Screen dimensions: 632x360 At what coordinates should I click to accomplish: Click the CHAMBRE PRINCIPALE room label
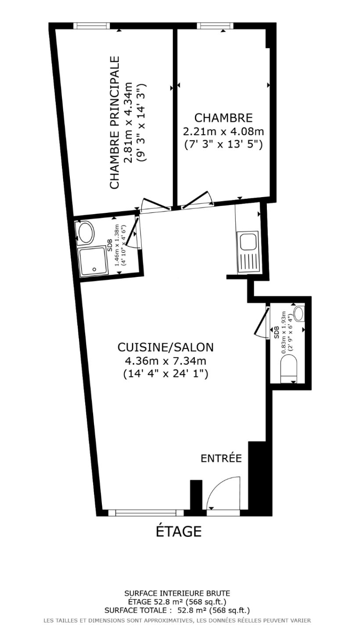point(115,122)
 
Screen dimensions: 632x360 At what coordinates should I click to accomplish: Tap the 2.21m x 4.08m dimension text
point(223,131)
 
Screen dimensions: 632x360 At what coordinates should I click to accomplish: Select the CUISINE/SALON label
point(166,347)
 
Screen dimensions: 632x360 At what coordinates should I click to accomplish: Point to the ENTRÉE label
point(221,458)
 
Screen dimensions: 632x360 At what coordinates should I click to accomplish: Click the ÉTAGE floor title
point(179,531)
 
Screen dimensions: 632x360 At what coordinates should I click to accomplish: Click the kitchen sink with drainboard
point(248,253)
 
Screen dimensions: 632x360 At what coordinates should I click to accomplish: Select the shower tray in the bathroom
point(92,261)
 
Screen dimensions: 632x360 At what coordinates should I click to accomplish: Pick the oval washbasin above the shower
point(86,233)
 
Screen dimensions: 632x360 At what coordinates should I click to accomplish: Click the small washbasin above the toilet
point(300,313)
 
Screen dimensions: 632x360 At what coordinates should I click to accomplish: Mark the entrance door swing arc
point(223,494)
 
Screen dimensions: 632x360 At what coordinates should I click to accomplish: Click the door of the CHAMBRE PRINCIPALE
point(155,205)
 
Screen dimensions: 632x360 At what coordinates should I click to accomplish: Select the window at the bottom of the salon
point(146,513)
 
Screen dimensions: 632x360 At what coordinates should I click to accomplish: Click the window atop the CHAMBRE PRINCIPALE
point(92,26)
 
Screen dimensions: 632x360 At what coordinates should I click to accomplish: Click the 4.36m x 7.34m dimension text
point(166,361)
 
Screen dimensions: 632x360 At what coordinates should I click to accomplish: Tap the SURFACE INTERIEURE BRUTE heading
point(177,593)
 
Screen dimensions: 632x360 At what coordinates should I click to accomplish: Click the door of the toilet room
point(263,323)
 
